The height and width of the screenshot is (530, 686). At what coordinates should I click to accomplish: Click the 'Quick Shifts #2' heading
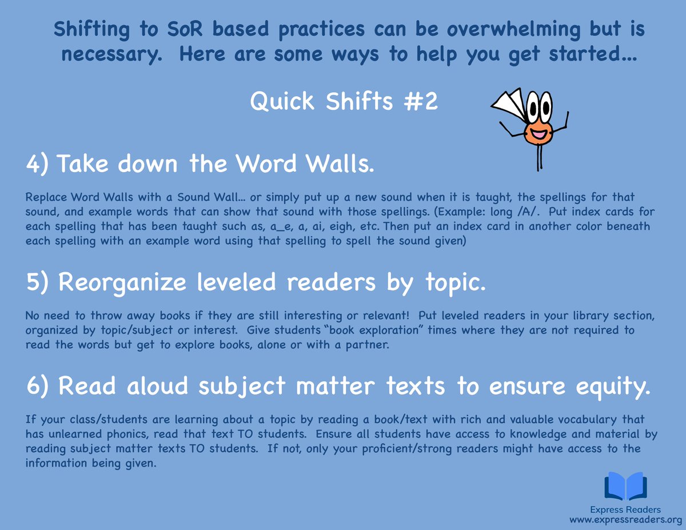[344, 102]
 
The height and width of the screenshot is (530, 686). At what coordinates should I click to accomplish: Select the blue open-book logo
[626, 487]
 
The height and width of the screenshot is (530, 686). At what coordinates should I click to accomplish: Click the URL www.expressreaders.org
[626, 520]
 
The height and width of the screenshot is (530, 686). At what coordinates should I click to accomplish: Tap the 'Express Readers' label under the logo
[626, 509]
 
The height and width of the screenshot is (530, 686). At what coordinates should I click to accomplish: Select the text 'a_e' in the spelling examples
[279, 226]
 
